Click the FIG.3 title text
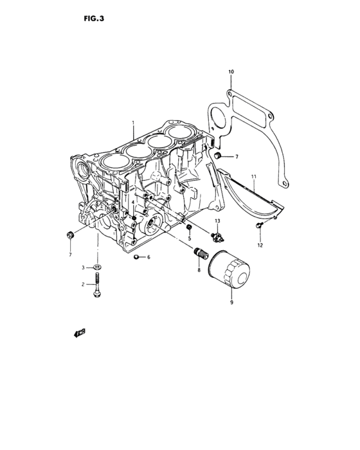pyautogui.click(x=94, y=19)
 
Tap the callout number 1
pyautogui.click(x=133, y=123)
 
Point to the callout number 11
pyautogui.click(x=254, y=175)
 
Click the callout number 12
pyautogui.click(x=260, y=245)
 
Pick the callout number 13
pyautogui.click(x=217, y=221)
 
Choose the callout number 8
pyautogui.click(x=199, y=271)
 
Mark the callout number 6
pyautogui.click(x=148, y=257)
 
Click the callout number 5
pyautogui.click(x=190, y=239)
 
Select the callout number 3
pyautogui.click(x=83, y=267)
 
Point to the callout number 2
pyautogui.click(x=83, y=283)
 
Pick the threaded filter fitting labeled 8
pyautogui.click(x=201, y=256)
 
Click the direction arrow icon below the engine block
pyautogui.click(x=80, y=332)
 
